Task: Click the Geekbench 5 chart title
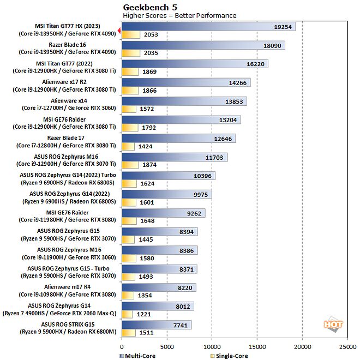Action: pyautogui.click(x=149, y=7)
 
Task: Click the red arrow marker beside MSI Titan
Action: pyautogui.click(x=118, y=31)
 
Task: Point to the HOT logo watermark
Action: pyautogui.click(x=333, y=324)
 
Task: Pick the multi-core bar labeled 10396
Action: pyautogui.click(x=168, y=176)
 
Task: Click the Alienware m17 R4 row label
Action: pyautogui.click(x=69, y=286)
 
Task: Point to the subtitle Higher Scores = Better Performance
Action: pyautogui.click(x=179, y=15)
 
